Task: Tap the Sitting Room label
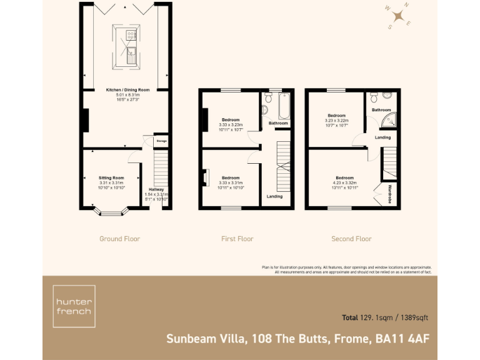click(111, 177)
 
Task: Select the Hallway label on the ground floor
click(156, 189)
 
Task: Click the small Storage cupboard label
click(161, 141)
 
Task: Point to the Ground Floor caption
click(119, 239)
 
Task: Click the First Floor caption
click(237, 239)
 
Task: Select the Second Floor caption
click(351, 239)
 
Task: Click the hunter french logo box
click(74, 306)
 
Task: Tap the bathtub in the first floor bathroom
click(285, 106)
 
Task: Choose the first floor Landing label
click(274, 196)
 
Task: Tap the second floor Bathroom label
click(381, 110)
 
